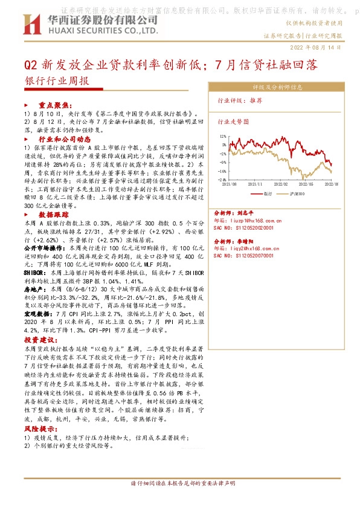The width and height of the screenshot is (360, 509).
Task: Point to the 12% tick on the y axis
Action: [x=223, y=136]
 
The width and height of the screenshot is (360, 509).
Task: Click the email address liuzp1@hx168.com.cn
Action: [x=251, y=221]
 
